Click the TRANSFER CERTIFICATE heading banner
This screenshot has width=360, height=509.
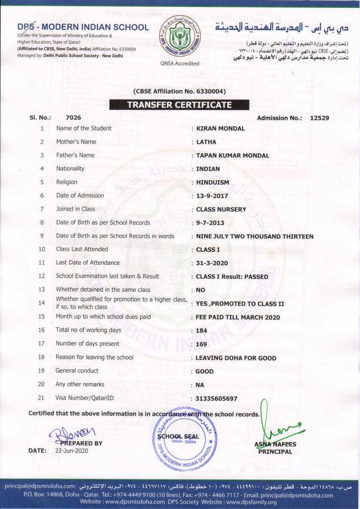tap(179, 105)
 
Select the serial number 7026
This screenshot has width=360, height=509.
tap(73, 118)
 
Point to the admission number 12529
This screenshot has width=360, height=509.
tap(320, 118)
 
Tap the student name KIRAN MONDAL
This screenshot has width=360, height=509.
tap(220, 128)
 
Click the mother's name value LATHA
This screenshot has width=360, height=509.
tap(206, 142)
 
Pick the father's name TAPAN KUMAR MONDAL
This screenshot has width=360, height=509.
tap(232, 155)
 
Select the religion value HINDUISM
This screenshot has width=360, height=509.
tap(212, 182)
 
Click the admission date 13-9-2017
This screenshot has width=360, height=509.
tap(212, 196)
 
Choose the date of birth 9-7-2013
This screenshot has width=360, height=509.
tap(209, 223)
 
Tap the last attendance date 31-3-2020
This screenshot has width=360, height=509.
tap(212, 263)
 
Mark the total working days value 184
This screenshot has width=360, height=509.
tap(202, 330)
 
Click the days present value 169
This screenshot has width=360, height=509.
tap(202, 344)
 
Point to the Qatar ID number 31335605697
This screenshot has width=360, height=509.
tap(217, 398)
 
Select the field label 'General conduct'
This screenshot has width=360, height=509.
tap(77, 371)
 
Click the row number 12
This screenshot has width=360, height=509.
tap(42, 276)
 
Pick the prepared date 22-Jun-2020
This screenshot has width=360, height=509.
tap(71, 451)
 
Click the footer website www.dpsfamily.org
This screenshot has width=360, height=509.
tap(250, 502)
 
